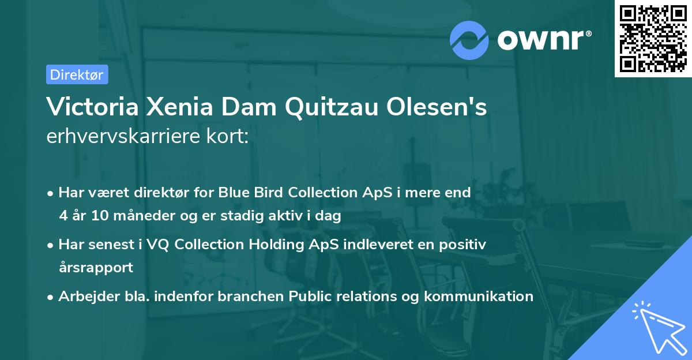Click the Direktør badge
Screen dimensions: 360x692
tap(77, 74)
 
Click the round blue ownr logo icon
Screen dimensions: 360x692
tap(469, 39)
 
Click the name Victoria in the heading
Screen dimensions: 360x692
tap(91, 107)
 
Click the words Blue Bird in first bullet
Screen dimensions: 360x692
tap(245, 193)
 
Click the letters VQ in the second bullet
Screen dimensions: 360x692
tap(160, 245)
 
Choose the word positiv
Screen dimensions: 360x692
tap(465, 245)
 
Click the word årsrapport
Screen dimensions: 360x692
tap(96, 268)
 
